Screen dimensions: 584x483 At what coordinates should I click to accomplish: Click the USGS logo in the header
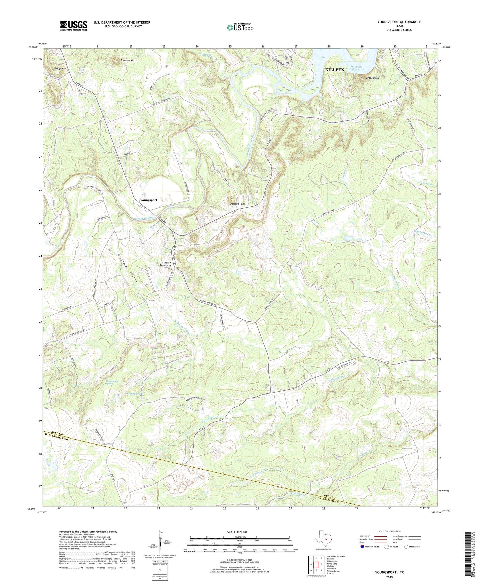click(x=74, y=26)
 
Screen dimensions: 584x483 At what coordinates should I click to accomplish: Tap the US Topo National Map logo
click(x=240, y=27)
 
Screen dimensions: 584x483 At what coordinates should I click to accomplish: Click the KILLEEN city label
click(x=335, y=70)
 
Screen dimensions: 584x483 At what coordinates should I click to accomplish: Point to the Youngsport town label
click(x=148, y=200)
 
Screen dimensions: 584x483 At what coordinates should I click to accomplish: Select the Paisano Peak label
click(x=238, y=203)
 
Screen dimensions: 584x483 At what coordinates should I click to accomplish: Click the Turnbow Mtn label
click(x=128, y=60)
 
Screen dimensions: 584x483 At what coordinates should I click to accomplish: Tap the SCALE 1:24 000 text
click(x=238, y=532)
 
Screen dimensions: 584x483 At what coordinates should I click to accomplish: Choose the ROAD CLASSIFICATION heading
click(x=389, y=531)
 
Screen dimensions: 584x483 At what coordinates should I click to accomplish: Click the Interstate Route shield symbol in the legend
click(x=363, y=547)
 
